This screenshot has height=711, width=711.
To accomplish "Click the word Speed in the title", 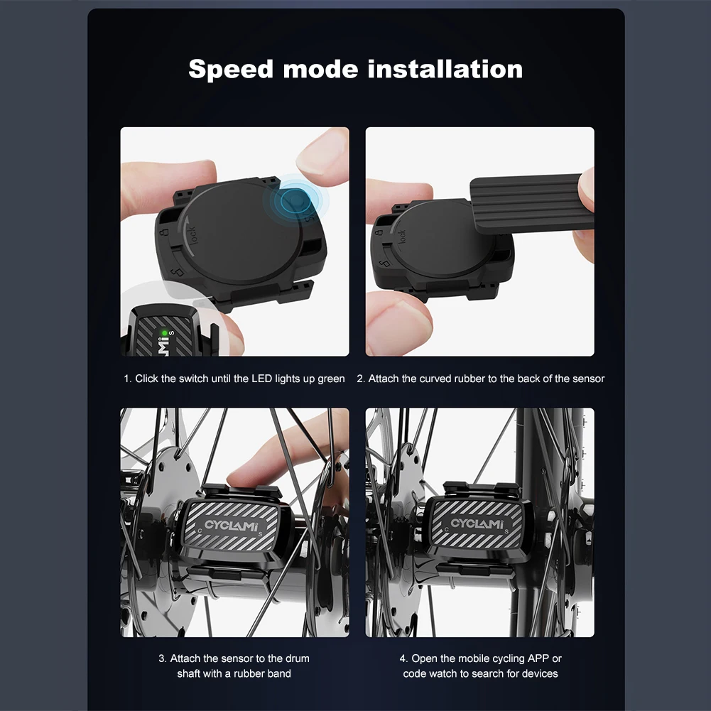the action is tap(230, 70).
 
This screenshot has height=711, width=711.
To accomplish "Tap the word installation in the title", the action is tap(445, 69).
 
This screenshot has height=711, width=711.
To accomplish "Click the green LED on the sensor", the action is tap(164, 333).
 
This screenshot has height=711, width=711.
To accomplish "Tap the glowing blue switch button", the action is tap(293, 201).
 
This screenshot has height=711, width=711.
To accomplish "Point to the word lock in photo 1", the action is tap(192, 235).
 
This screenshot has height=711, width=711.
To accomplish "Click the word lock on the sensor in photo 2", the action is tap(401, 237).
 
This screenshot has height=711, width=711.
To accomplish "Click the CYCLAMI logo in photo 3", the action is tap(231, 526).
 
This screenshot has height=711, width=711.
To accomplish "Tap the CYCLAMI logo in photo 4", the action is tap(476, 523).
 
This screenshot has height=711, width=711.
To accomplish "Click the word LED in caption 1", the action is tap(261, 379).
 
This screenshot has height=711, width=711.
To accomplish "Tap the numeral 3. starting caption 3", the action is tap(163, 658).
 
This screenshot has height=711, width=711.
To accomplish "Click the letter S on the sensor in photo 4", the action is tap(506, 531).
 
